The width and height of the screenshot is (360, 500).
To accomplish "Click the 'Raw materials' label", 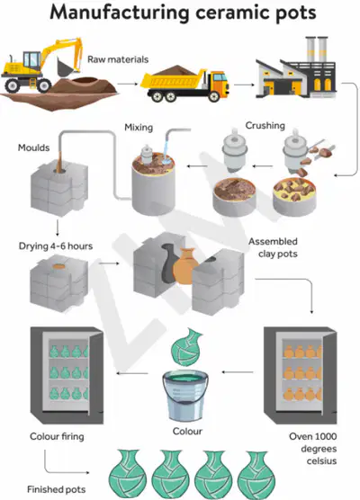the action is pos(118,59).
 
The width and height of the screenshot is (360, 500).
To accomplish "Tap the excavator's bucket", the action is pos(66,67).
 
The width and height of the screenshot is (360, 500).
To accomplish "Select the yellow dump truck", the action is pos(184,84).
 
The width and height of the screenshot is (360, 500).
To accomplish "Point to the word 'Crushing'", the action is pos(265,126).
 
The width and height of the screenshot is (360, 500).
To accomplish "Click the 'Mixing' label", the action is pos(139,128).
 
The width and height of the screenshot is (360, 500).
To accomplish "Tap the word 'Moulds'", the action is pos(34,147).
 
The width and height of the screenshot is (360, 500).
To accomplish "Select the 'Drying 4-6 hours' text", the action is pos(56,246).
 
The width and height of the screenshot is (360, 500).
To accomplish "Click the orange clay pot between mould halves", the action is pos(185,266).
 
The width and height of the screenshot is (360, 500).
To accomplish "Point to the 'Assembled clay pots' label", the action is pos(274,247).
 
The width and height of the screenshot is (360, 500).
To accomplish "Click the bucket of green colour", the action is pos(185,395).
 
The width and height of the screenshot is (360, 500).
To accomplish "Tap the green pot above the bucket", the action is pos(186,347).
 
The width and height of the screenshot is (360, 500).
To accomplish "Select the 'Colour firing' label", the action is pos(57,436).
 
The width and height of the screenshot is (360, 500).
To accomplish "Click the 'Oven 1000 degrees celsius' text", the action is pos(313,449).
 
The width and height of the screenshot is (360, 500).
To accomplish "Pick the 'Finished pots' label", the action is pos(56,489).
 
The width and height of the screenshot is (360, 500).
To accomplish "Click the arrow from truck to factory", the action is pos(244,85).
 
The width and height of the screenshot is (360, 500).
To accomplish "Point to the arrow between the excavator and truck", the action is pos(128,84).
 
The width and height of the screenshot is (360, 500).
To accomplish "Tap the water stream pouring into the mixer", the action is pos(166,150).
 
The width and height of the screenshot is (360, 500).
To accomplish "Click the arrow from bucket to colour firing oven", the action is pos(131,373).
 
